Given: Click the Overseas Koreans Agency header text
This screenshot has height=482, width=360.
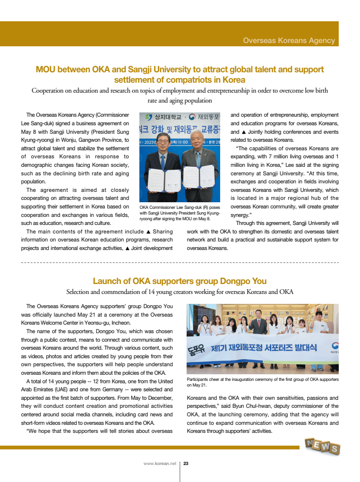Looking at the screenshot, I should [289, 41].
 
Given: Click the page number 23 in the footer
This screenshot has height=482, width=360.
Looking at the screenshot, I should [186, 464].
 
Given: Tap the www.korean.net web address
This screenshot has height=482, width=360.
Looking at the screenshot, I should [160, 464].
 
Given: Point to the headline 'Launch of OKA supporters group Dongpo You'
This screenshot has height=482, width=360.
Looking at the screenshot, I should [180, 281].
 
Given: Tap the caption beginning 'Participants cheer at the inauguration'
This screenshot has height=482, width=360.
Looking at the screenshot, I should [263, 382].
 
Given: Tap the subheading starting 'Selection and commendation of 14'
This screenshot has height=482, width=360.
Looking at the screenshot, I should [180, 292].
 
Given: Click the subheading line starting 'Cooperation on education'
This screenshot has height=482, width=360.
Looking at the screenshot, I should [180, 91].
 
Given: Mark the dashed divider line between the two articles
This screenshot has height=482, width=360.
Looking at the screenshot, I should [180, 261].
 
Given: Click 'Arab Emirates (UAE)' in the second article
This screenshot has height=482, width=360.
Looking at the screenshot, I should [44, 389].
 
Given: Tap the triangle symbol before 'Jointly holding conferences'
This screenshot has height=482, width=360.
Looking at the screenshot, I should [244, 132].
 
